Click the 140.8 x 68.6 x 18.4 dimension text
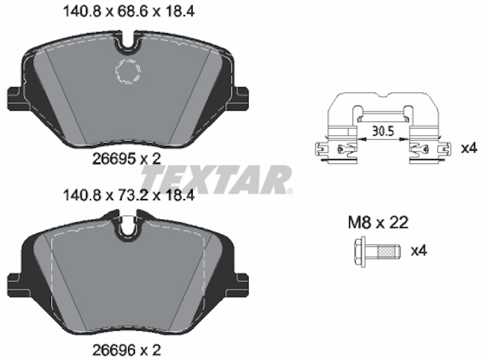[x=129, y=12]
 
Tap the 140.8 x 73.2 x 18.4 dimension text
[x=129, y=195]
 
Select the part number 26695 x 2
[x=127, y=159]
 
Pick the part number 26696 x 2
[x=127, y=349]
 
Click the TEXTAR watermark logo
[x=215, y=180]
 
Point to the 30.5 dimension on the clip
[x=383, y=131]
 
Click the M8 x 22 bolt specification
[x=378, y=222]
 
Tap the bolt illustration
[x=377, y=252]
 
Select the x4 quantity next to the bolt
[x=419, y=251]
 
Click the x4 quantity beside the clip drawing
[x=469, y=149]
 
